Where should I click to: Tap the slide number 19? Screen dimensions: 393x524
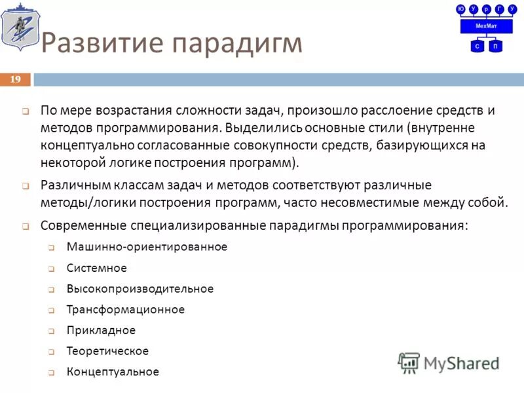[16, 79]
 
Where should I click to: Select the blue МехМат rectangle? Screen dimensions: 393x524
[486, 26]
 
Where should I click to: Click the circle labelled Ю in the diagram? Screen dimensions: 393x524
[461, 9]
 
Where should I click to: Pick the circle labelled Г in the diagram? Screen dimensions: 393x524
[500, 9]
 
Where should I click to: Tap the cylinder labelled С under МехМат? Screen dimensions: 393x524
[477, 46]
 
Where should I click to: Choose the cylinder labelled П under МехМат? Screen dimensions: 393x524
[496, 46]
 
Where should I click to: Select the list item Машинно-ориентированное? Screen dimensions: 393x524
[147, 247]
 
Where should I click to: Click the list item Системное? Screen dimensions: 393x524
[96, 268]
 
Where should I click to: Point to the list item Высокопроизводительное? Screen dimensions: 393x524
[140, 289]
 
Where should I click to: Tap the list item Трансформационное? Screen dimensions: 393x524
[126, 310]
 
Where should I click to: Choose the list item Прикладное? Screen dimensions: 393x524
[101, 330]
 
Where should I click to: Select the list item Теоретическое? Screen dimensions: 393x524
[107, 351]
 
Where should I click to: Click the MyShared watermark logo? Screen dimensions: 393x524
[449, 362]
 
